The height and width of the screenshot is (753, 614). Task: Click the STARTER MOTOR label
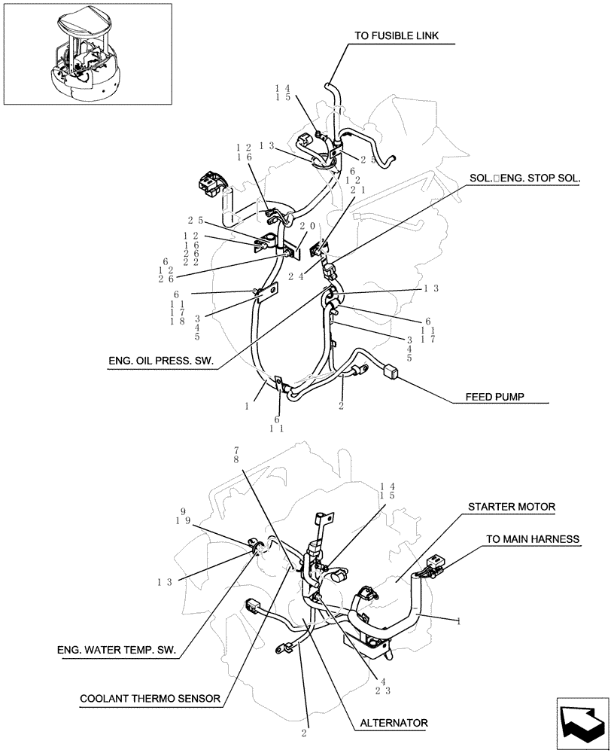point(512,507)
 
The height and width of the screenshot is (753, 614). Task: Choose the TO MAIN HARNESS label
point(532,538)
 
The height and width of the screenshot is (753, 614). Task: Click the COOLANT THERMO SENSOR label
point(150,698)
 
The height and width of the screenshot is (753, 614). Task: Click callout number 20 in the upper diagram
point(306,226)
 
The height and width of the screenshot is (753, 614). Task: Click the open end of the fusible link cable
point(331,87)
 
